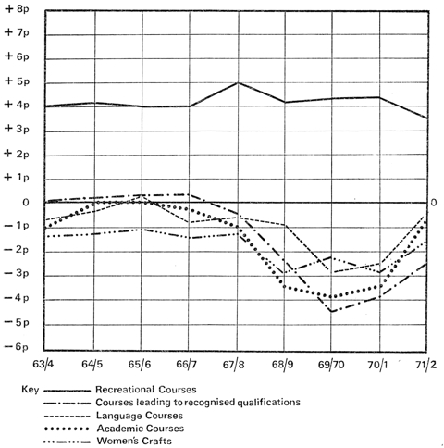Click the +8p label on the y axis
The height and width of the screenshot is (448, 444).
(17, 9)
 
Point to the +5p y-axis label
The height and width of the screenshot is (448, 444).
(17, 81)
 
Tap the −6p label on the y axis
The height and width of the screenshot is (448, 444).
(17, 347)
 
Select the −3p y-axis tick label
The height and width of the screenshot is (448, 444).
(17, 273)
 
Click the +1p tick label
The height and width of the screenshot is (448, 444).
(17, 178)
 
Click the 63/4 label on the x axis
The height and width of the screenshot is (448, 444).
(43, 365)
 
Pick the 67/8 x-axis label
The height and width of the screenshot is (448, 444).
(234, 365)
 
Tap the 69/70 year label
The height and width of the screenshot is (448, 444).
(331, 365)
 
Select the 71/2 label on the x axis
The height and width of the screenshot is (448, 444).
(425, 365)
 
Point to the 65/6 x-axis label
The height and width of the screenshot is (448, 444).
(140, 365)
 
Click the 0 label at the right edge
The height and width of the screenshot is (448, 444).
(434, 203)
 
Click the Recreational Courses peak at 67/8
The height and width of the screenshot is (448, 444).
(238, 82)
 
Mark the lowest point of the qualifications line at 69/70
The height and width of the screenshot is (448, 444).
(332, 312)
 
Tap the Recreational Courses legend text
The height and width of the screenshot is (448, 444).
(146, 390)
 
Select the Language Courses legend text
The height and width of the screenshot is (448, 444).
(140, 416)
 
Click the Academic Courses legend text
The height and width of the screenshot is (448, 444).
(141, 429)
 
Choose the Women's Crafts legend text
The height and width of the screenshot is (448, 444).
(134, 441)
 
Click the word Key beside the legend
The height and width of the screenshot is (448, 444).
(31, 390)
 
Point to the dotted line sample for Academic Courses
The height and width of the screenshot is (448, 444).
(67, 429)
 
